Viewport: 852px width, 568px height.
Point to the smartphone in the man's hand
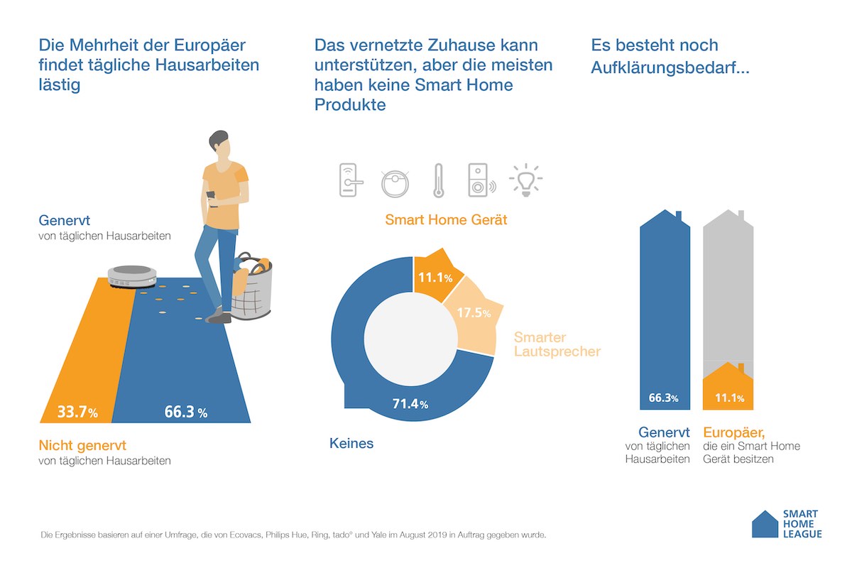[211, 193]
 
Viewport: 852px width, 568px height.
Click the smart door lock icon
[350, 180]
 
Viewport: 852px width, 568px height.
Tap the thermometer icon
[438, 181]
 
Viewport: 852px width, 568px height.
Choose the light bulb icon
[525, 181]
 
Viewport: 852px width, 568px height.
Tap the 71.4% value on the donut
[410, 404]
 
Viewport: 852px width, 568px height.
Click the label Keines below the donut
[351, 444]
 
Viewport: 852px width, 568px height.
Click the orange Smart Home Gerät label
[446, 219]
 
